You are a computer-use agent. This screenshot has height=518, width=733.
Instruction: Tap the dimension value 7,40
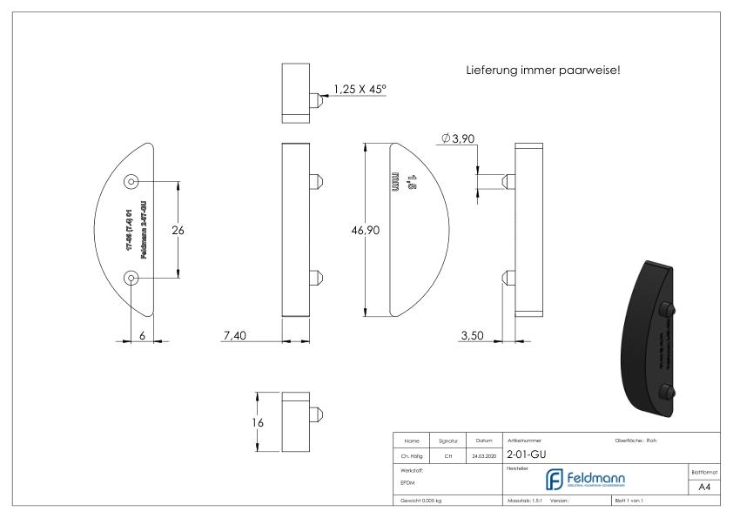pos(234,336)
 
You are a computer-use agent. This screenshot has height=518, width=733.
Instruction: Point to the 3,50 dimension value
pos(472,336)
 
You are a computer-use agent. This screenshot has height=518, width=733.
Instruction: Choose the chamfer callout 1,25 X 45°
pos(370,88)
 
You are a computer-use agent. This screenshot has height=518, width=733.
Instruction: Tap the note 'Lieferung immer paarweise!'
pos(543,71)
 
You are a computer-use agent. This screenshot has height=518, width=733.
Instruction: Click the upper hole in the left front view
pos(131,182)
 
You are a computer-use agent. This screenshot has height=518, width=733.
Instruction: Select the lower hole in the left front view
pos(131,278)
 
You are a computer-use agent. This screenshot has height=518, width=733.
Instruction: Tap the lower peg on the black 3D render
pos(668,390)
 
